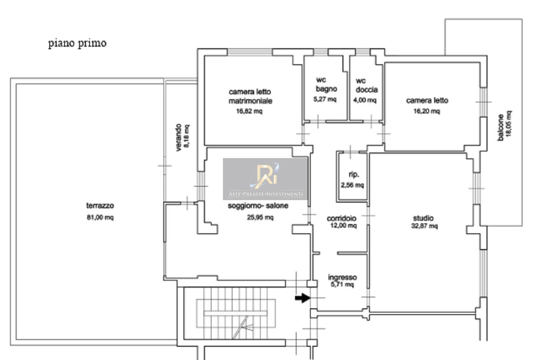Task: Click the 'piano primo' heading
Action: pyautogui.click(x=77, y=44)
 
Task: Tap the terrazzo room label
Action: pyautogui.click(x=100, y=206)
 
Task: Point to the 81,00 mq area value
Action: pyautogui.click(x=100, y=217)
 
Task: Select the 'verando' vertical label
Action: pyautogui.click(x=179, y=137)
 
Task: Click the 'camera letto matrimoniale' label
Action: pyautogui.click(x=250, y=96)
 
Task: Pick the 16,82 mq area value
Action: pyautogui.click(x=249, y=111)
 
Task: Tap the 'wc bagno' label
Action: pyautogui.click(x=326, y=84)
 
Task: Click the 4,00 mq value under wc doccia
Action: pyautogui.click(x=365, y=100)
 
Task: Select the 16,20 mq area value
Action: pyautogui.click(x=427, y=111)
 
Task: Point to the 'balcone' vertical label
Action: pyautogui.click(x=501, y=128)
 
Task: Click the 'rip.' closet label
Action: pyautogui.click(x=354, y=174)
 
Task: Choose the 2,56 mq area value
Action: pyautogui.click(x=352, y=185)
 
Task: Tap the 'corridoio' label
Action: pyautogui.click(x=342, y=218)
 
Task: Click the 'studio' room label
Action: pyautogui.click(x=423, y=218)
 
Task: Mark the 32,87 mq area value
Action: pyautogui.click(x=424, y=226)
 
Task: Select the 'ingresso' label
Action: pyautogui.click(x=342, y=277)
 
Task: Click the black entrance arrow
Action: pyautogui.click(x=302, y=298)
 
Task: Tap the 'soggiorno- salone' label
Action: pyautogui.click(x=258, y=206)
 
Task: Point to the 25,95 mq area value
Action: pyautogui.click(x=260, y=217)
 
